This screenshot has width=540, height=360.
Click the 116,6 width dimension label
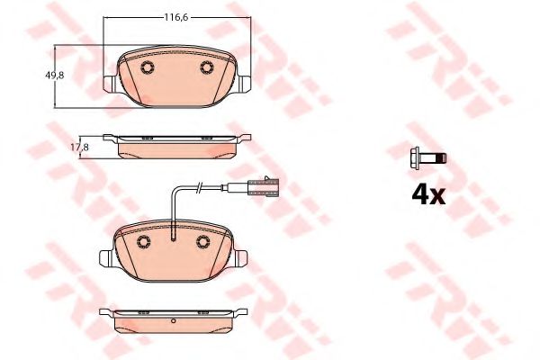[x=175, y=17]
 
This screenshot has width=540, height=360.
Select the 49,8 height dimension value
[x=54, y=76]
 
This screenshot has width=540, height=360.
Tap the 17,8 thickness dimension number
[x=79, y=148]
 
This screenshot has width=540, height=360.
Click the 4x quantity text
[x=428, y=195]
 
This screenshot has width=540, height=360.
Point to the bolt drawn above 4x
[x=428, y=158]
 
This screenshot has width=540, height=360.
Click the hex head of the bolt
[x=415, y=158]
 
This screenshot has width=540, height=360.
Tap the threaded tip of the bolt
[x=442, y=158]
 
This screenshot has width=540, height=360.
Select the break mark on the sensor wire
[x=199, y=187]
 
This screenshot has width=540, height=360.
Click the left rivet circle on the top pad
[x=148, y=67]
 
